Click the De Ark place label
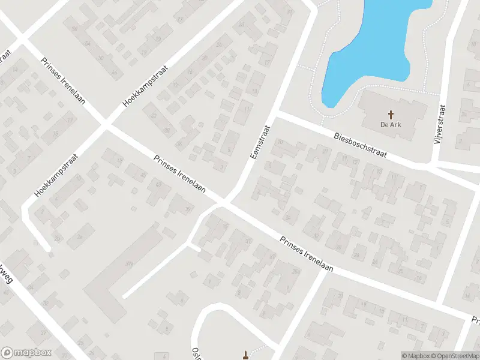(x=391, y=125)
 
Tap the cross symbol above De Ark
(x=391, y=114)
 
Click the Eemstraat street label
(x=259, y=142)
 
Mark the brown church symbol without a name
(x=245, y=354)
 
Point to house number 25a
(x=295, y=272)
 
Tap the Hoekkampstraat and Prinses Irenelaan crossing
(x=106, y=125)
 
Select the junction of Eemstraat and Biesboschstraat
(x=277, y=112)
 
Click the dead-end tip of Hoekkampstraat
(x=46, y=246)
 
